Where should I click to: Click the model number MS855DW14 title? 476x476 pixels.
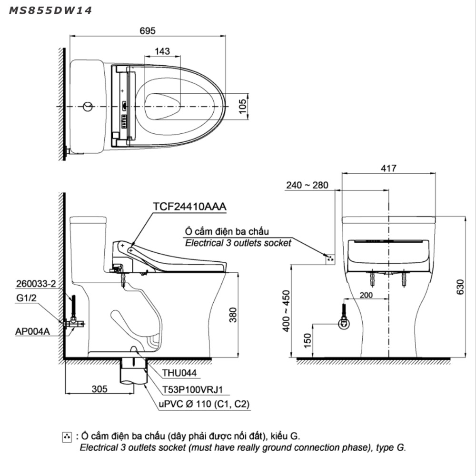coord(50,10)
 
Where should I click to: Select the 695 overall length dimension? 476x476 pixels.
coord(148,30)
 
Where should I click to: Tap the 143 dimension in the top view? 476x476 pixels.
coord(162,51)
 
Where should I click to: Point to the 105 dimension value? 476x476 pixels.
coord(243,106)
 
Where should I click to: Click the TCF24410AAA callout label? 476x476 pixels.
coord(190,207)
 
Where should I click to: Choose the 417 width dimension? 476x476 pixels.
coord(388,168)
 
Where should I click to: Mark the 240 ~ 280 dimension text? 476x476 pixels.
coord(307,185)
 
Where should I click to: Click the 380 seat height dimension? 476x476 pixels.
coord(233,315)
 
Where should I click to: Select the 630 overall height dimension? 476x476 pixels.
coord(460,287)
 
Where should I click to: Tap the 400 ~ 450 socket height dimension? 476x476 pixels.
coord(286,311)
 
